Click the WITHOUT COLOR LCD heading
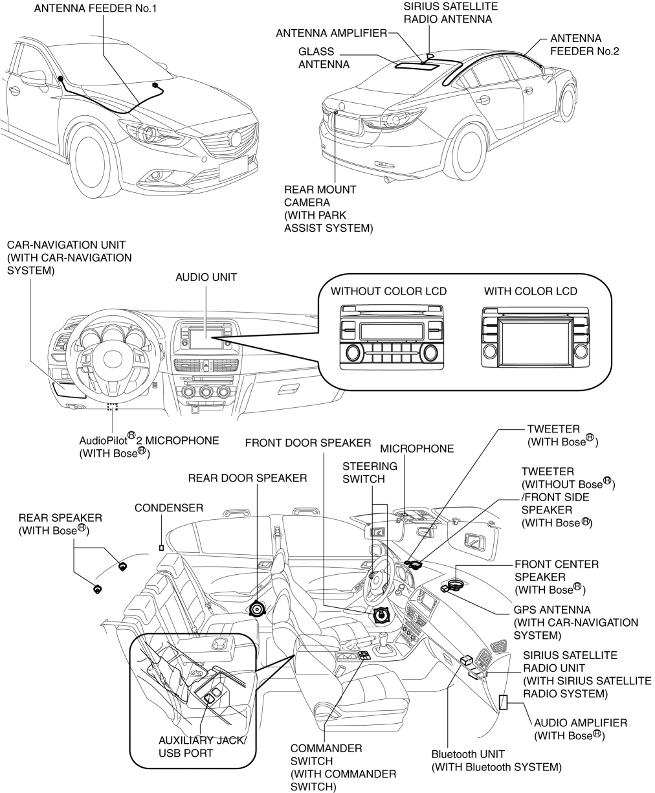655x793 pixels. (x=388, y=292)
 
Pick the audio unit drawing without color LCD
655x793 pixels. (x=389, y=341)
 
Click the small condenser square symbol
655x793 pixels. (x=162, y=548)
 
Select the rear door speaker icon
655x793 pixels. (x=258, y=609)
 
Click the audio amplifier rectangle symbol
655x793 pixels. (x=503, y=702)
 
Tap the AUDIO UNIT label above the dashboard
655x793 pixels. (x=206, y=277)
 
